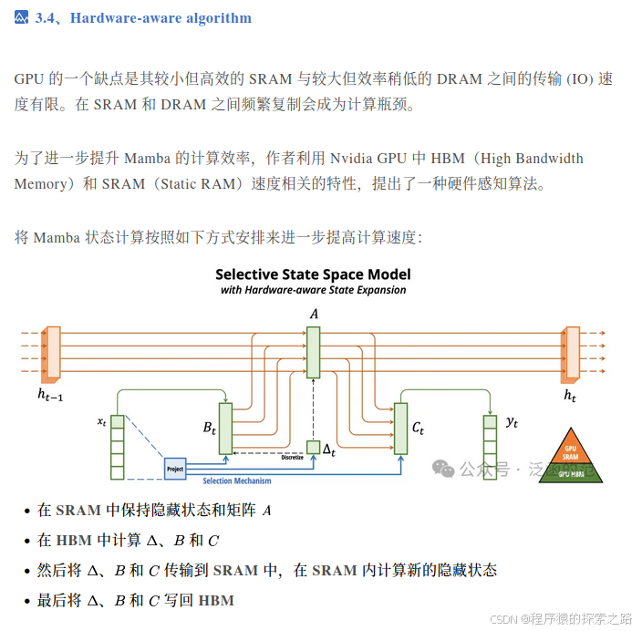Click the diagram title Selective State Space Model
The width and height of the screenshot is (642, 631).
tap(313, 274)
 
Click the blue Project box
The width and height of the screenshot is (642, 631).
tap(174, 469)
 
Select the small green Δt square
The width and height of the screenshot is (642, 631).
tap(313, 447)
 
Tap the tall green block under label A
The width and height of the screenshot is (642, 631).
tap(313, 353)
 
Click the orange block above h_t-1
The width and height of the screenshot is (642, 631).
tap(52, 352)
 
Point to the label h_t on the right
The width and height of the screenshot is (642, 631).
tap(570, 396)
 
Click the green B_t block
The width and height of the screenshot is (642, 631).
tap(225, 428)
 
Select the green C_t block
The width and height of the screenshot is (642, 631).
tap(399, 428)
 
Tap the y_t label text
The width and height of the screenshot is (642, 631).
tap(512, 421)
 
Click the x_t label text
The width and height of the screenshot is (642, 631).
tap(101, 421)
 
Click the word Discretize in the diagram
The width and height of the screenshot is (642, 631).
tap(292, 458)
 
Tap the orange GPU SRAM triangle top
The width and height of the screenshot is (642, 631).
tap(570, 452)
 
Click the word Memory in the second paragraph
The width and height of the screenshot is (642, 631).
tap(40, 183)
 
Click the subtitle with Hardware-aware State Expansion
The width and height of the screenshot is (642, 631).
tap(313, 290)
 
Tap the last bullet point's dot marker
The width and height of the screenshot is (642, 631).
tap(26, 601)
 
